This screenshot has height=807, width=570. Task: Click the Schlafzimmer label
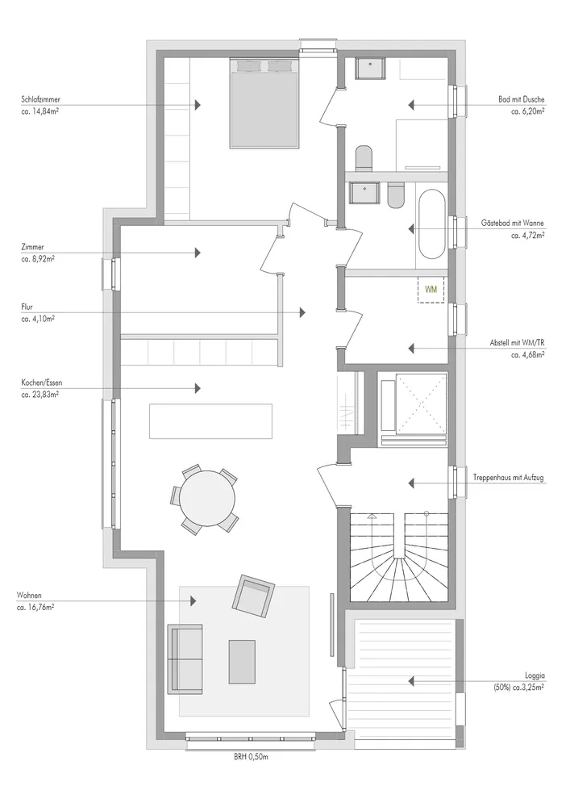(x=38, y=99)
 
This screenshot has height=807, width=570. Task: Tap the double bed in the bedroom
(x=264, y=103)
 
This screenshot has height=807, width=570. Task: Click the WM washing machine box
(x=431, y=290)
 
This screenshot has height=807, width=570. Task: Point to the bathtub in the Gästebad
(x=432, y=224)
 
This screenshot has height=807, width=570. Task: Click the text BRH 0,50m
(x=251, y=757)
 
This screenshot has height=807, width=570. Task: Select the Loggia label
(x=535, y=675)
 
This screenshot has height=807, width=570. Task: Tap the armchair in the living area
(x=253, y=595)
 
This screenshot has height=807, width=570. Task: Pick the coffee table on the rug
(x=242, y=662)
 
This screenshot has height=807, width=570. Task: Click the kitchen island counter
(x=210, y=421)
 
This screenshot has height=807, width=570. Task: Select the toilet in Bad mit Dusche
(x=364, y=158)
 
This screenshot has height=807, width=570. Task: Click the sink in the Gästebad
(x=365, y=194)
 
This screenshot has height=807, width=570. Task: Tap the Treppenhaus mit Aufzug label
(x=509, y=478)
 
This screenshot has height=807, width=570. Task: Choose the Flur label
(x=27, y=307)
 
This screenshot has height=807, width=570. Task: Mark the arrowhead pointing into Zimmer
(x=198, y=253)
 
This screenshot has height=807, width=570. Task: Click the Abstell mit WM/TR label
(x=518, y=343)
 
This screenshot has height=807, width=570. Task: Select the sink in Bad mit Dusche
(x=369, y=69)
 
